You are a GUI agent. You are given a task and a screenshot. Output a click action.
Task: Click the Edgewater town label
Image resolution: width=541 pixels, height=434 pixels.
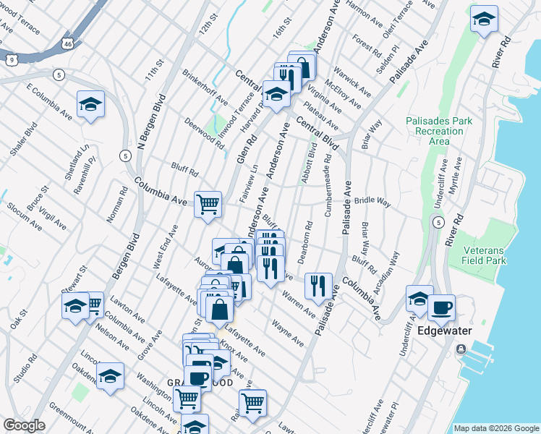445,331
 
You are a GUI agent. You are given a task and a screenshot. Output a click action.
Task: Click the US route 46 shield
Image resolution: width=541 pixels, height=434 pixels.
67,44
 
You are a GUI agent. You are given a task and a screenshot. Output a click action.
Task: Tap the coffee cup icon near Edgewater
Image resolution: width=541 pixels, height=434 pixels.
441,307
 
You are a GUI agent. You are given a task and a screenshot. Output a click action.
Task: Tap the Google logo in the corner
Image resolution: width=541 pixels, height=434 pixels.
24,425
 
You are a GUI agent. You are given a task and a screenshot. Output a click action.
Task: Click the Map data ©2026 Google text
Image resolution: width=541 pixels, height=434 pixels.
495,428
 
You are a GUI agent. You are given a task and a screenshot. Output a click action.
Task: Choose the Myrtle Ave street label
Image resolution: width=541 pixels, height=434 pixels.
456,176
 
